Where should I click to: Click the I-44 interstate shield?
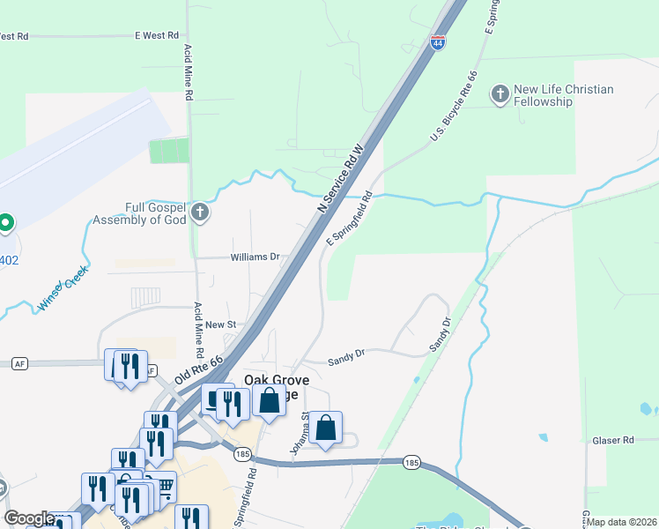pyautogui.click(x=437, y=42)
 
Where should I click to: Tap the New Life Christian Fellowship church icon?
pyautogui.click(x=500, y=95)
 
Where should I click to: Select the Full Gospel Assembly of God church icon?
pyautogui.click(x=201, y=212)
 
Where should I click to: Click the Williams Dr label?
pyautogui.click(x=255, y=257)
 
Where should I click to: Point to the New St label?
pyautogui.click(x=220, y=324)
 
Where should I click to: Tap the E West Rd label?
pyautogui.click(x=156, y=36)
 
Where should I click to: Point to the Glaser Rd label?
pyautogui.click(x=613, y=440)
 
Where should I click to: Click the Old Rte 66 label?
pyautogui.click(x=200, y=363)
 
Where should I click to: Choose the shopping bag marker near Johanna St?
pyautogui.click(x=326, y=428)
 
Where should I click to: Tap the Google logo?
pyautogui.click(x=28, y=519)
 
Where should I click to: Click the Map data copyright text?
pyautogui.click(x=621, y=522)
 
